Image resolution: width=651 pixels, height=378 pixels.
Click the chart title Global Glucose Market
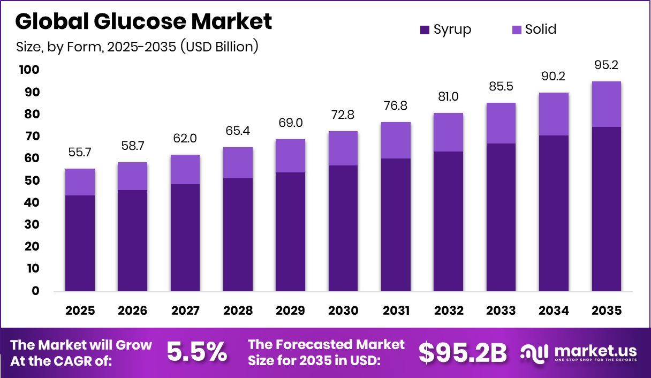(x=143, y=21)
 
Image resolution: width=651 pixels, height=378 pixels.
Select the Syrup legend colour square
(x=425, y=29)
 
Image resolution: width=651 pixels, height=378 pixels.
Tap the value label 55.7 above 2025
(x=80, y=153)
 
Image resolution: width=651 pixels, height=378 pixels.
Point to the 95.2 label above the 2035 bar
(x=606, y=65)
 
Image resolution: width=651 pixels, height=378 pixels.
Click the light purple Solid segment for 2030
(x=343, y=148)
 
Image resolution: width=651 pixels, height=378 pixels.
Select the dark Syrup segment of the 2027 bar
(x=185, y=238)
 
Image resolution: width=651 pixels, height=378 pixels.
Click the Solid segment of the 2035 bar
(x=606, y=104)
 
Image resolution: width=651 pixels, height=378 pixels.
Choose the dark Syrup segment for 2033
(x=501, y=217)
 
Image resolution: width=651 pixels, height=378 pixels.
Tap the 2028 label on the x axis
(x=238, y=311)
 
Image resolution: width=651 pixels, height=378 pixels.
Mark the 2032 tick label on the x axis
(x=448, y=311)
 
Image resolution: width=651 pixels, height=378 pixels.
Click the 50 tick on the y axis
(x=32, y=180)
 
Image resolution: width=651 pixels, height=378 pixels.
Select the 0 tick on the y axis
(x=35, y=291)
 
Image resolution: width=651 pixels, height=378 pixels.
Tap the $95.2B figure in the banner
(x=462, y=352)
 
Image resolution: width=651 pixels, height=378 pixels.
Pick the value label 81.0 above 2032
(x=448, y=97)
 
